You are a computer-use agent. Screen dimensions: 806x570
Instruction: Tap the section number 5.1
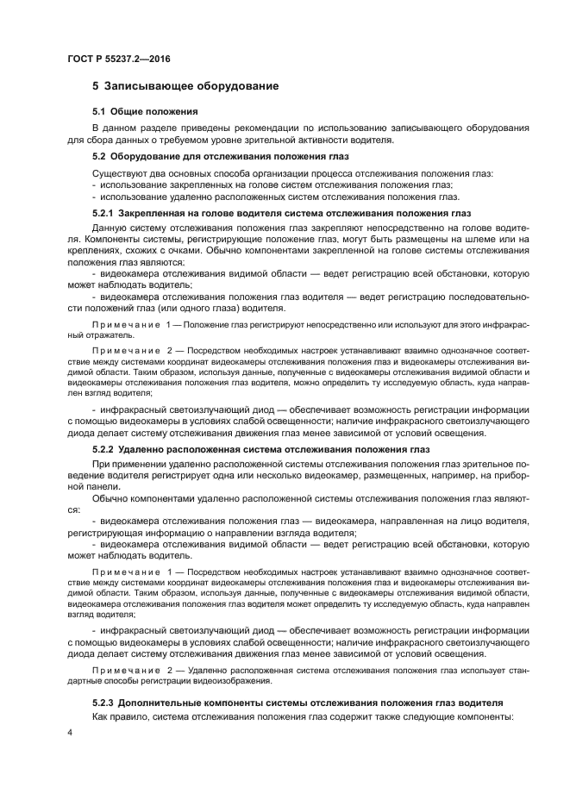(99, 112)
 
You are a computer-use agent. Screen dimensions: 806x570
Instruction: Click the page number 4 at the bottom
(69, 732)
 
